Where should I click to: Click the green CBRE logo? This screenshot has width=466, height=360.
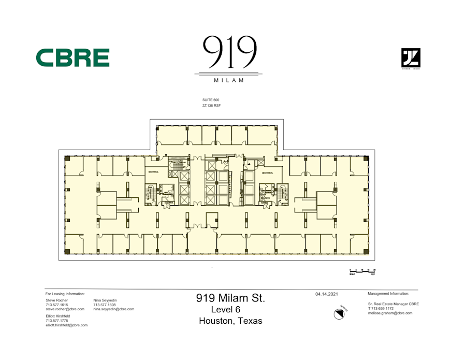72,57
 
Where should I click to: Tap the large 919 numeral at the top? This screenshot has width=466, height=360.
228,52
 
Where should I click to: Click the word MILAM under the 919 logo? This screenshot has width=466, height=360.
228,80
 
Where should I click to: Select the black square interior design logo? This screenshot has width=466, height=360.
411,57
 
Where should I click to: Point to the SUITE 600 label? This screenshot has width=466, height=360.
211,99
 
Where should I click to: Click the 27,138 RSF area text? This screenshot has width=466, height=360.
211,105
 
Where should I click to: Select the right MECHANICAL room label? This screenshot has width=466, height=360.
267,172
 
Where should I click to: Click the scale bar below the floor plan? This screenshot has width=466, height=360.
362,271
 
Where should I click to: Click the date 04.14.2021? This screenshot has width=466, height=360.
327,294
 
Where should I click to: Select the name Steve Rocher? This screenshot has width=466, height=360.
56,300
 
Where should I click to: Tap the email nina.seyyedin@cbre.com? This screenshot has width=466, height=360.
113,309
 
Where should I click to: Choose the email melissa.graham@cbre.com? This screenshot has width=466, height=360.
390,313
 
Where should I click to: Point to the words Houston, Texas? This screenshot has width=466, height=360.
230,321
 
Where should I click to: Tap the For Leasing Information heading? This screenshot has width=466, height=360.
65,294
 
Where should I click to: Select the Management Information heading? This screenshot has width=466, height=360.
388,293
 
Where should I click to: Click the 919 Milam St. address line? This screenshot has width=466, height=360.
230,298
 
